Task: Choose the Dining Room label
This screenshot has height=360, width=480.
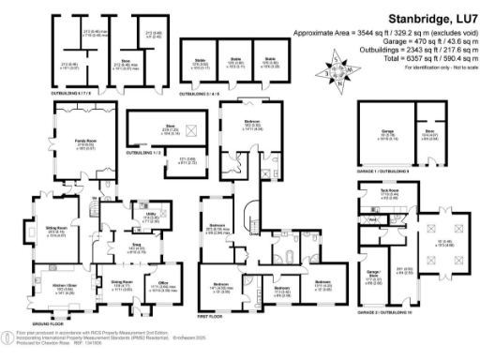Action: tap(122, 282)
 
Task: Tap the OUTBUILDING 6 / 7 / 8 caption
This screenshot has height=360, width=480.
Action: tap(79, 92)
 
